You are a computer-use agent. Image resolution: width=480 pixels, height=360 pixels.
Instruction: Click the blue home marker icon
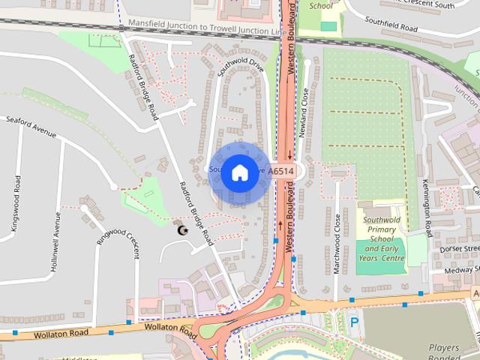[238, 172]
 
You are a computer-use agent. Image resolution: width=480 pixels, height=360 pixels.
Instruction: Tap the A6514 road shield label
[280, 172]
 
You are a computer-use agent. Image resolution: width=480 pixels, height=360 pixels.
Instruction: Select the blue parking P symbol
[354, 322]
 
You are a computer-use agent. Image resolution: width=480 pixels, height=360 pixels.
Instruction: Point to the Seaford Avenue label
[31, 125]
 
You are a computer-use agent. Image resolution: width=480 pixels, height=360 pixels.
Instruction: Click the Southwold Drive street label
[241, 70]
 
